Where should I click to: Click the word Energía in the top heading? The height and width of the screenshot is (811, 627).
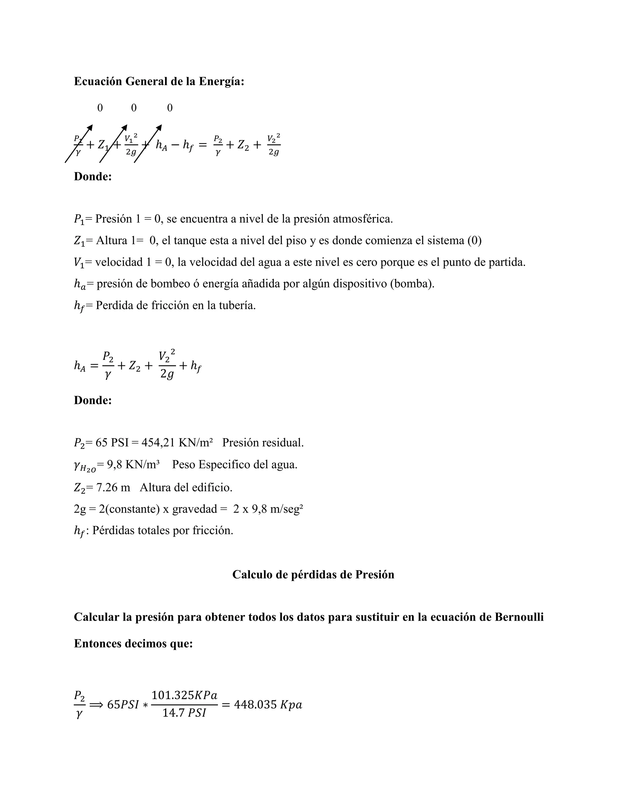(x=221, y=81)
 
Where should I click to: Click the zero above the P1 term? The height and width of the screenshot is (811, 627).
(x=100, y=108)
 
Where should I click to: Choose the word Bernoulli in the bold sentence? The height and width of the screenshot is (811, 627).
(x=519, y=617)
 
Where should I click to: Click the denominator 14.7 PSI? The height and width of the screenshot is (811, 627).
(x=184, y=713)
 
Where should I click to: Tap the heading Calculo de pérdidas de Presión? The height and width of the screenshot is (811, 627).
(x=313, y=574)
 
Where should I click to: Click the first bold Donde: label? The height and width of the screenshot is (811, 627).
(x=93, y=176)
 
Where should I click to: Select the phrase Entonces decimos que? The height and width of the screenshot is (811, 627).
(x=133, y=644)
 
